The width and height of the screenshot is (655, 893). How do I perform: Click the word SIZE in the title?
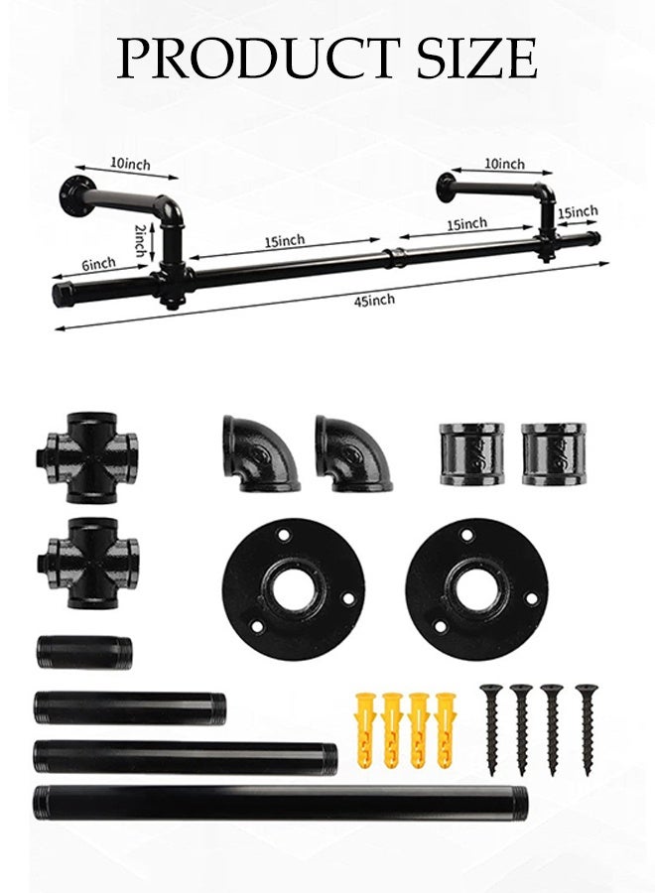click(476, 59)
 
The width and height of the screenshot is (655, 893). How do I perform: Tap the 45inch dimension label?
click(374, 299)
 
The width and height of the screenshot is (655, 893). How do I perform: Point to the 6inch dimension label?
click(98, 264)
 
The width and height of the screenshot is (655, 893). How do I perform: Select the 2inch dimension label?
click(140, 241)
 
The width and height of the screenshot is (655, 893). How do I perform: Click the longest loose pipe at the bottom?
click(280, 802)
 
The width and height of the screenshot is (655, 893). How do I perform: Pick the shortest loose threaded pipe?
click(85, 652)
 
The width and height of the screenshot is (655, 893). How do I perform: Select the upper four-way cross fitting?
click(87, 457)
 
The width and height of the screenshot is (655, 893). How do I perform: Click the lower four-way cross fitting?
click(88, 563)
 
